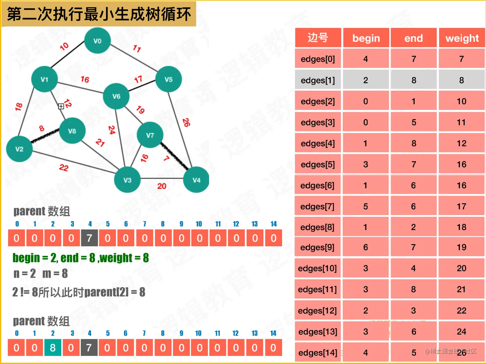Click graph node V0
[97, 41]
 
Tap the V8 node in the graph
[72, 131]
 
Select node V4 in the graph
[196, 180]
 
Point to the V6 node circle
[116, 96]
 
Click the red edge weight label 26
[186, 122]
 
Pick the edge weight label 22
[64, 167]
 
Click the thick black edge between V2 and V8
[45, 136]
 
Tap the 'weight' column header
[462, 38]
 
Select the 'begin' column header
[366, 38]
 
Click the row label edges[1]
[318, 80]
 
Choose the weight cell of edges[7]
[462, 206]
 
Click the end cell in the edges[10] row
[413, 268]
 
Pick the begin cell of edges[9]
[365, 247]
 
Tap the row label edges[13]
[318, 332]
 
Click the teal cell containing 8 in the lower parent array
[53, 348]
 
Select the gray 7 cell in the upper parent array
[89, 238]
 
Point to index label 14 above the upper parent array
[274, 224]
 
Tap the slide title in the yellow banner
[99, 14]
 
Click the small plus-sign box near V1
[61, 106]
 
